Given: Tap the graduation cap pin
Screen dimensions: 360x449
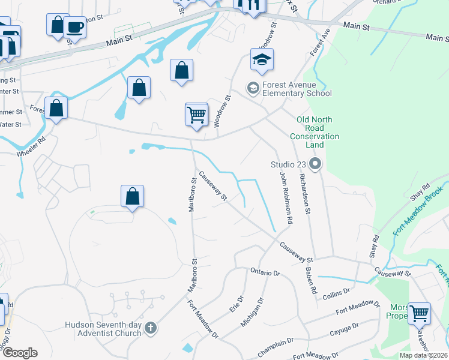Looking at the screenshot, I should click(262, 60).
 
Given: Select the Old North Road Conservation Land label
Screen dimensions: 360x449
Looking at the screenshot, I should click(314, 132).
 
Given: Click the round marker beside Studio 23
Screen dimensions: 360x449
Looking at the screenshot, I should click(315, 164).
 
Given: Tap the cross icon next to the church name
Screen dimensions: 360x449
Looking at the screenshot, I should click(150, 328).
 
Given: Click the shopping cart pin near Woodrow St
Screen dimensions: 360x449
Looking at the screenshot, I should click(196, 114).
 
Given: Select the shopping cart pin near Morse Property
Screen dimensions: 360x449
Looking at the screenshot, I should click(419, 313).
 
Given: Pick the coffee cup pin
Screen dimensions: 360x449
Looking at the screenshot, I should click(74, 27).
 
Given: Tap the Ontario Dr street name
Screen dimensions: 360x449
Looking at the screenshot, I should click(265, 272).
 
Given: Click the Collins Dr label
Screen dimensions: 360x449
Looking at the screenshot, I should click(336, 292).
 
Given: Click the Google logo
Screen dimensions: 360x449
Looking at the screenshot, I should click(20, 353).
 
